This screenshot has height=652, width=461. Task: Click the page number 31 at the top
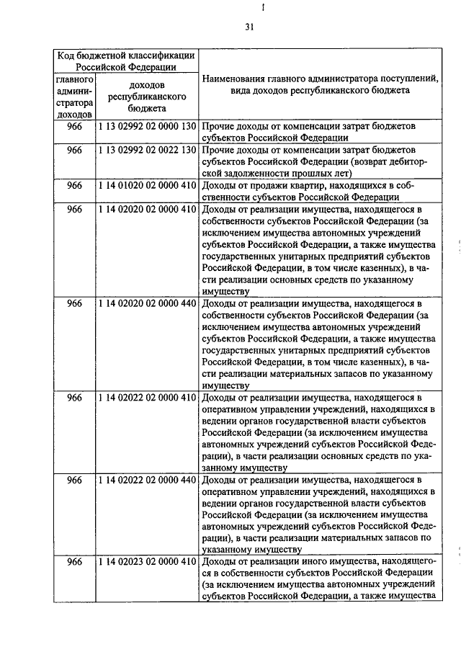coord(249,27)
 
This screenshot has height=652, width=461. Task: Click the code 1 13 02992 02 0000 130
coord(147,126)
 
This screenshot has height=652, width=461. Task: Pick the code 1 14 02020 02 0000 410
coord(147,210)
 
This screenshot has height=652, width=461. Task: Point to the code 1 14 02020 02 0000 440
coord(147,303)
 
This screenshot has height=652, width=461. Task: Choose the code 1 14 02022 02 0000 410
coord(147,397)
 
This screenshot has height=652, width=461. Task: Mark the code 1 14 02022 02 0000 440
coord(147,479)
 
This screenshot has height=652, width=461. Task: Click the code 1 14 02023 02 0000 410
coord(147,561)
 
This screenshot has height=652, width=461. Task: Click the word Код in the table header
coord(69,55)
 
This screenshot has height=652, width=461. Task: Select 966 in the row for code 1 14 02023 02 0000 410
coord(74,561)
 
